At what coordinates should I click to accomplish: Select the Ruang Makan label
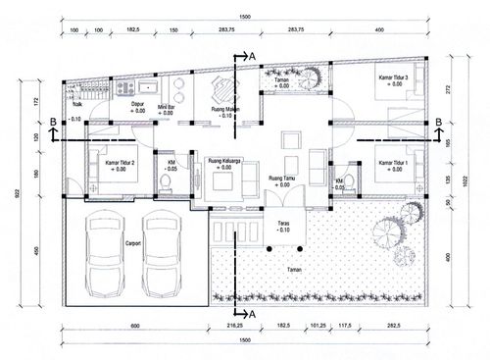(227, 110)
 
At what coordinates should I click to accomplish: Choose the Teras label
(282, 224)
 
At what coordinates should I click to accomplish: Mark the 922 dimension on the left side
(19, 193)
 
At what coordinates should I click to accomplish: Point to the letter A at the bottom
(253, 314)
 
